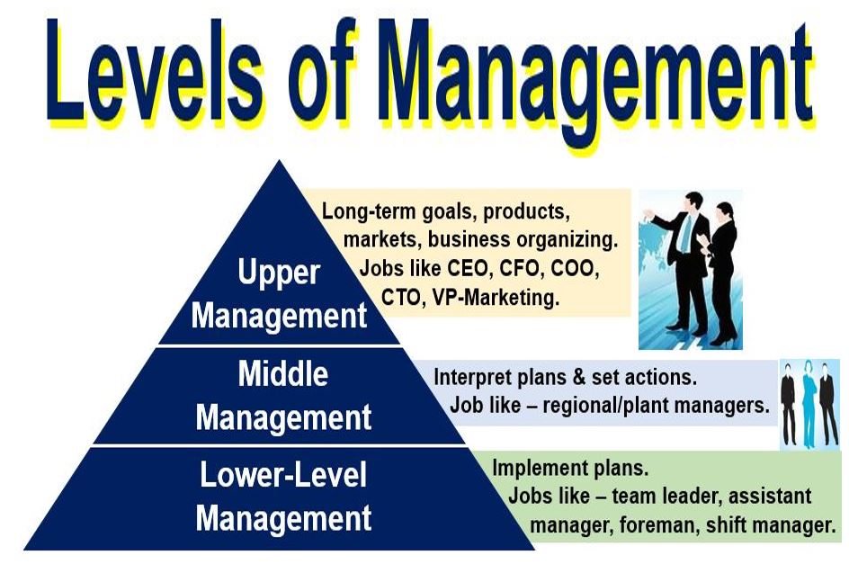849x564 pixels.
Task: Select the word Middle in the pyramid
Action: [x=283, y=373]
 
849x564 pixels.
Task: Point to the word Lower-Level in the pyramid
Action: [x=283, y=474]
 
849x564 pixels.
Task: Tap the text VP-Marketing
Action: [x=496, y=297]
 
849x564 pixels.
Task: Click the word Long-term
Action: [x=370, y=211]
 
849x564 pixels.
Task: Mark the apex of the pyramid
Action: [x=279, y=160]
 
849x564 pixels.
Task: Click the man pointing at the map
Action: [x=684, y=261]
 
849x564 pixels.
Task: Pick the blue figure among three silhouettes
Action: [x=809, y=403]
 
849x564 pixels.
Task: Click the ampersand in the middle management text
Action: [x=578, y=378]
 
